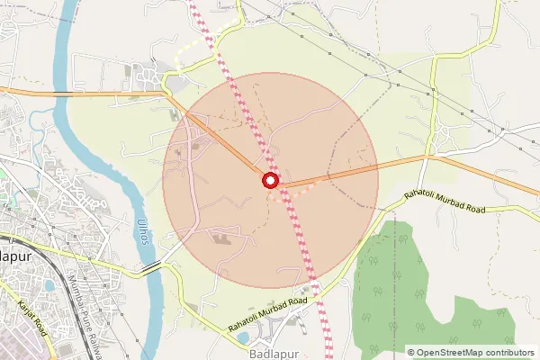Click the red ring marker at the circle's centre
(271, 181)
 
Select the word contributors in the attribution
(510, 352)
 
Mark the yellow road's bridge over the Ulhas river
(150, 266)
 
